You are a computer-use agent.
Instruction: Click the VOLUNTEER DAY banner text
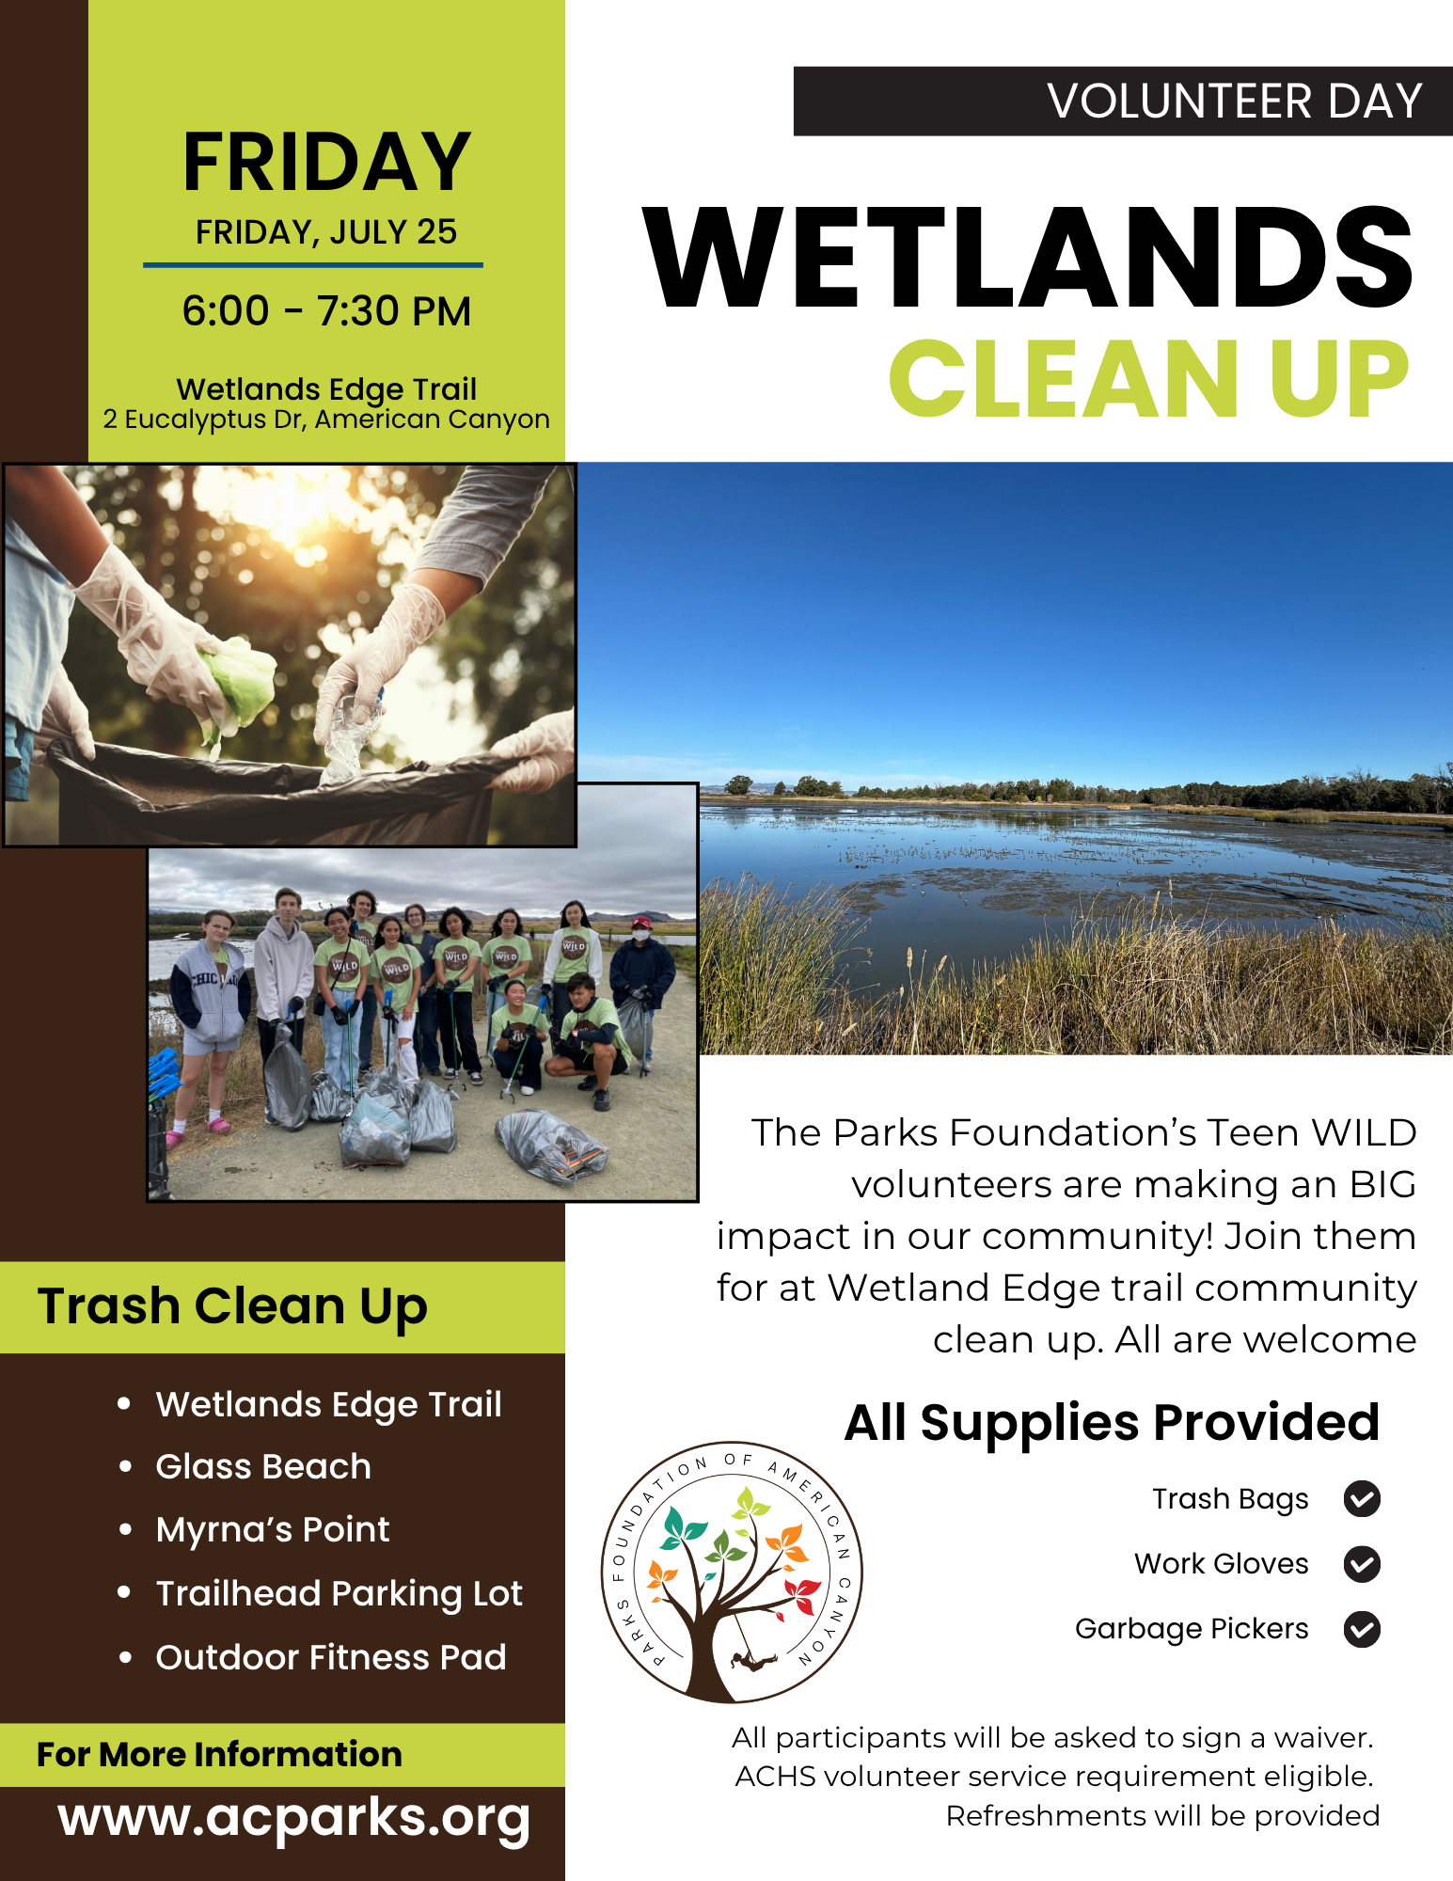click(x=1234, y=102)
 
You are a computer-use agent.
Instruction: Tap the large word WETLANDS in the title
click(x=1028, y=258)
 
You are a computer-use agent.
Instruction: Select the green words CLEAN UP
click(x=1149, y=378)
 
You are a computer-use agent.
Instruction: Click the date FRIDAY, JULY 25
click(x=326, y=232)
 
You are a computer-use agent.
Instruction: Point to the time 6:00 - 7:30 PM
click(x=326, y=311)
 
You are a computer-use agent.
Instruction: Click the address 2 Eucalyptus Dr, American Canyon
click(x=326, y=419)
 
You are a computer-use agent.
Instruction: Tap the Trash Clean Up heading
click(x=232, y=1307)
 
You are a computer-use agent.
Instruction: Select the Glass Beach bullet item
click(x=263, y=1467)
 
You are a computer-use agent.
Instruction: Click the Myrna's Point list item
click(x=273, y=1530)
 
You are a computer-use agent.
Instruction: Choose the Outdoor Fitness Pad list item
click(x=331, y=1657)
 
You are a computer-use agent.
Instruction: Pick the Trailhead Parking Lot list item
click(x=339, y=1594)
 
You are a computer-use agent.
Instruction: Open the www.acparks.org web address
click(x=293, y=1819)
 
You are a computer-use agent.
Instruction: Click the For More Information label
click(x=219, y=1755)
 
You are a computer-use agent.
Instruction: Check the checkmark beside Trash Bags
click(x=1362, y=1499)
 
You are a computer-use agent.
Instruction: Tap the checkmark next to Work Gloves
click(x=1362, y=1564)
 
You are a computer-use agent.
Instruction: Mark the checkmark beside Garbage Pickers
click(x=1362, y=1629)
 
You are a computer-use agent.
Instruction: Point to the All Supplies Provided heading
click(x=1112, y=1423)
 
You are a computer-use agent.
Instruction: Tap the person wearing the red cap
click(x=641, y=988)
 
